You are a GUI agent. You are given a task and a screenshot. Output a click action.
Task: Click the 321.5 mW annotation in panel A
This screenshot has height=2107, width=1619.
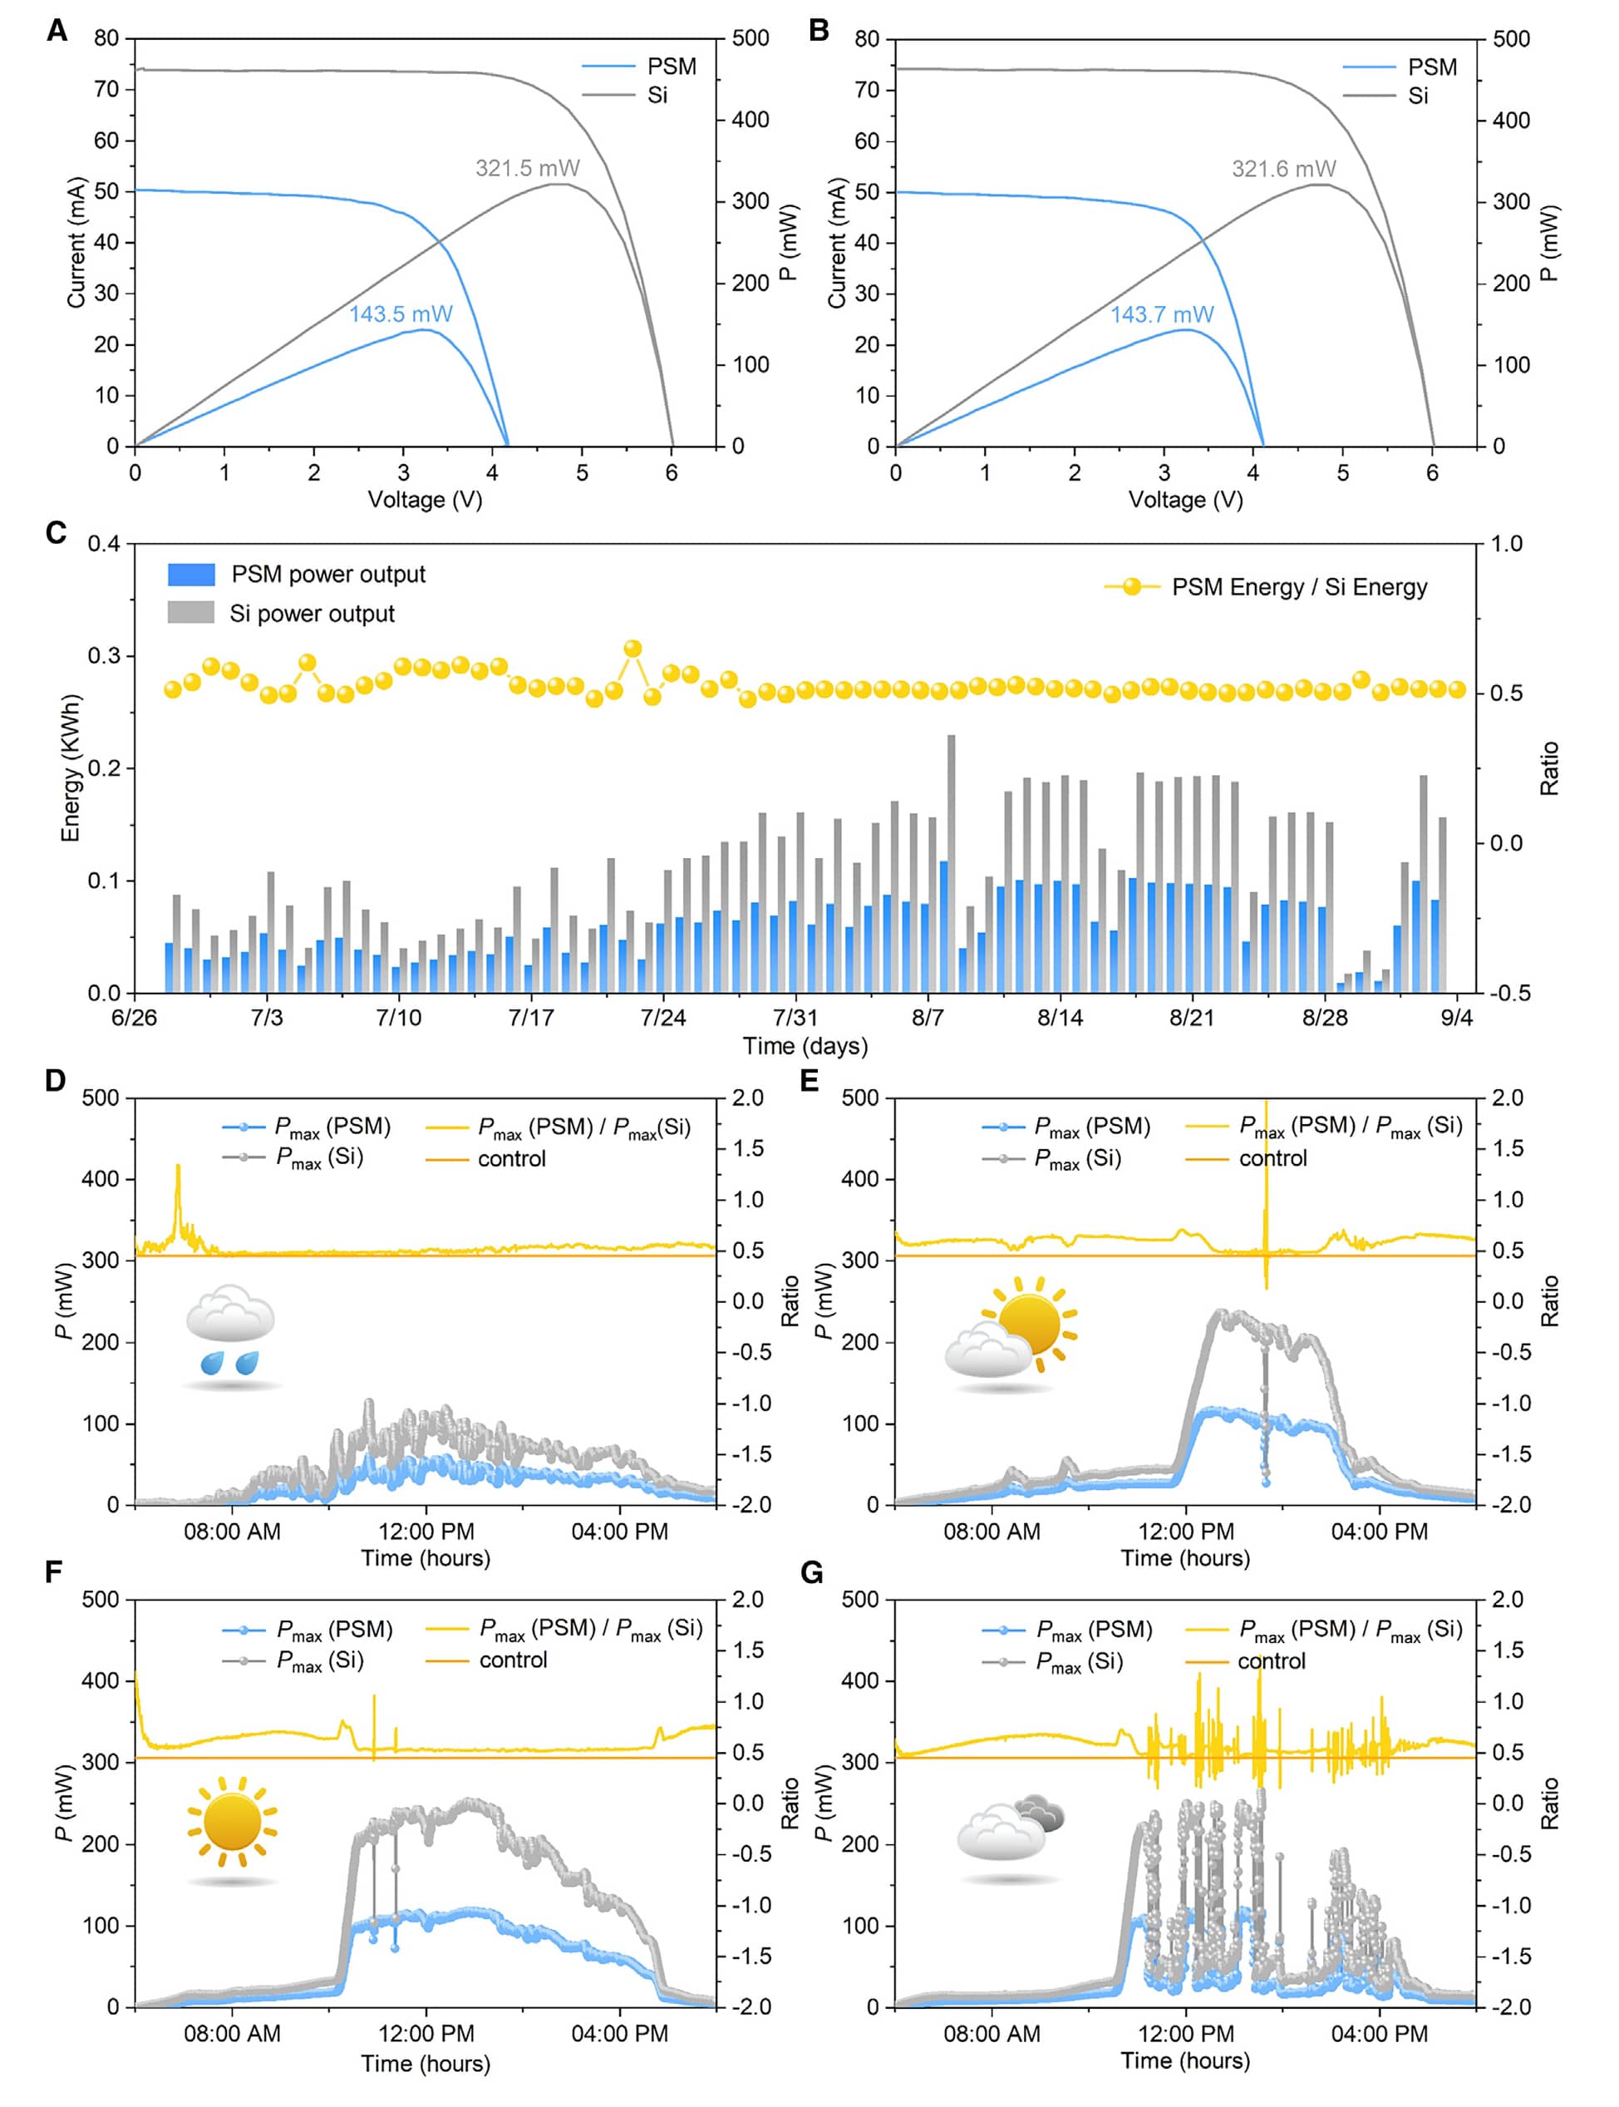tap(527, 169)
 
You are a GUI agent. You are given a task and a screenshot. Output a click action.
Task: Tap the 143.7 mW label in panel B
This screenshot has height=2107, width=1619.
tap(1161, 314)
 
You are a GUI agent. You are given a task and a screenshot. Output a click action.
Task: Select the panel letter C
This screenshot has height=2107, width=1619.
tap(56, 533)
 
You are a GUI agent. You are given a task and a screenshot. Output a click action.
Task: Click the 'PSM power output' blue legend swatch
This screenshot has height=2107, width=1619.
tap(191, 575)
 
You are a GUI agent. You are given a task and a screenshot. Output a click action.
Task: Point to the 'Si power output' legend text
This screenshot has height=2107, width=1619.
tap(312, 614)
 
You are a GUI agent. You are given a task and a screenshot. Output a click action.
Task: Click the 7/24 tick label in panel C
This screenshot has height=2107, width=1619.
tap(663, 1018)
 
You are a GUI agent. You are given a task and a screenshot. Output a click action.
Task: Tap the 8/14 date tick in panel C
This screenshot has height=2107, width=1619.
tap(1060, 1018)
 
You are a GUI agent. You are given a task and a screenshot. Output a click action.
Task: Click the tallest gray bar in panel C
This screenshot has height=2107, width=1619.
tap(951, 862)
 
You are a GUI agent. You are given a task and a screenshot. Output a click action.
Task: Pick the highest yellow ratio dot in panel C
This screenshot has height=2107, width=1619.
tap(633, 649)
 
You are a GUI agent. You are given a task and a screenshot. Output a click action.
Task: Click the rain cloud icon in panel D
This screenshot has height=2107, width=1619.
tap(231, 1334)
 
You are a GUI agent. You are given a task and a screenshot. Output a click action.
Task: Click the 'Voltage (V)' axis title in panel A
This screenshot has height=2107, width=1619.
tap(425, 499)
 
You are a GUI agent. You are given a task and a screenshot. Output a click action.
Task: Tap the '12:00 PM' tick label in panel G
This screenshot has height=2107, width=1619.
tap(1185, 2034)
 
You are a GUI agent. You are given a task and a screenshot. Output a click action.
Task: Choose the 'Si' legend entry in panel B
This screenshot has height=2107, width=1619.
tap(1418, 96)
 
